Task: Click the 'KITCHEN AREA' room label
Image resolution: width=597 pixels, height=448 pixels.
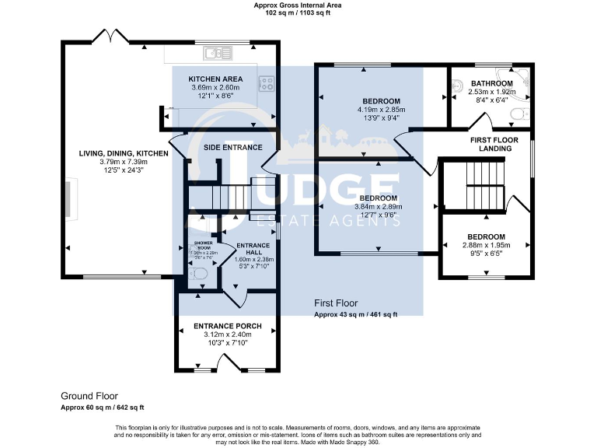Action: (216, 79)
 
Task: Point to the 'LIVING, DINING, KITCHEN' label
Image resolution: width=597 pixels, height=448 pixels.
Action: (124, 154)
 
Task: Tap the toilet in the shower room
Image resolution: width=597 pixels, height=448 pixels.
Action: (198, 272)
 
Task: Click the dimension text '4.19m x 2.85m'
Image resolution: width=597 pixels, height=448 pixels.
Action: (381, 110)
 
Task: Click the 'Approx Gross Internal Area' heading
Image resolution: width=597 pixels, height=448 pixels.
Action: (298, 5)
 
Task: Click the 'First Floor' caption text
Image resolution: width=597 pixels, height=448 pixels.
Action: (336, 303)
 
